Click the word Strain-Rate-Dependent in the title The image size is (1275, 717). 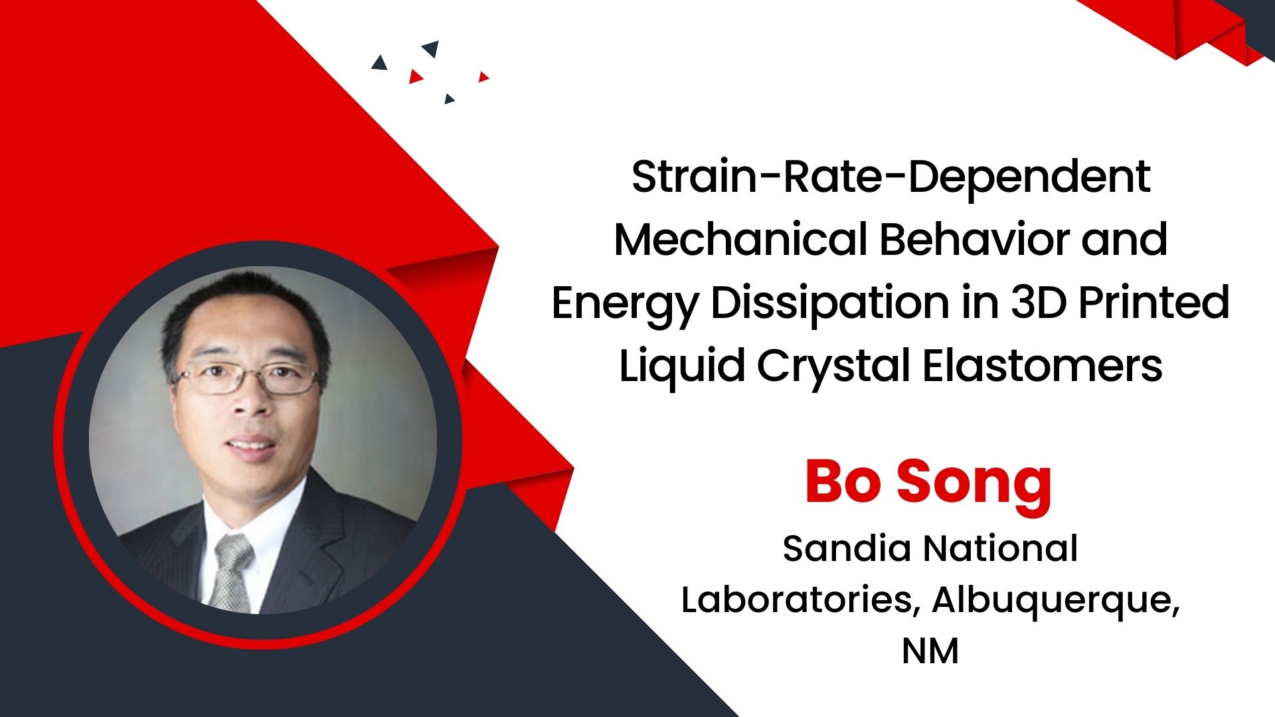click(891, 177)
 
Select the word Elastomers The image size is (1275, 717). click(1043, 365)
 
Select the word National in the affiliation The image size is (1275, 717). click(1001, 549)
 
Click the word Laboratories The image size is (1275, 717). click(800, 599)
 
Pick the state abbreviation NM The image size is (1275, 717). click(930, 651)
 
